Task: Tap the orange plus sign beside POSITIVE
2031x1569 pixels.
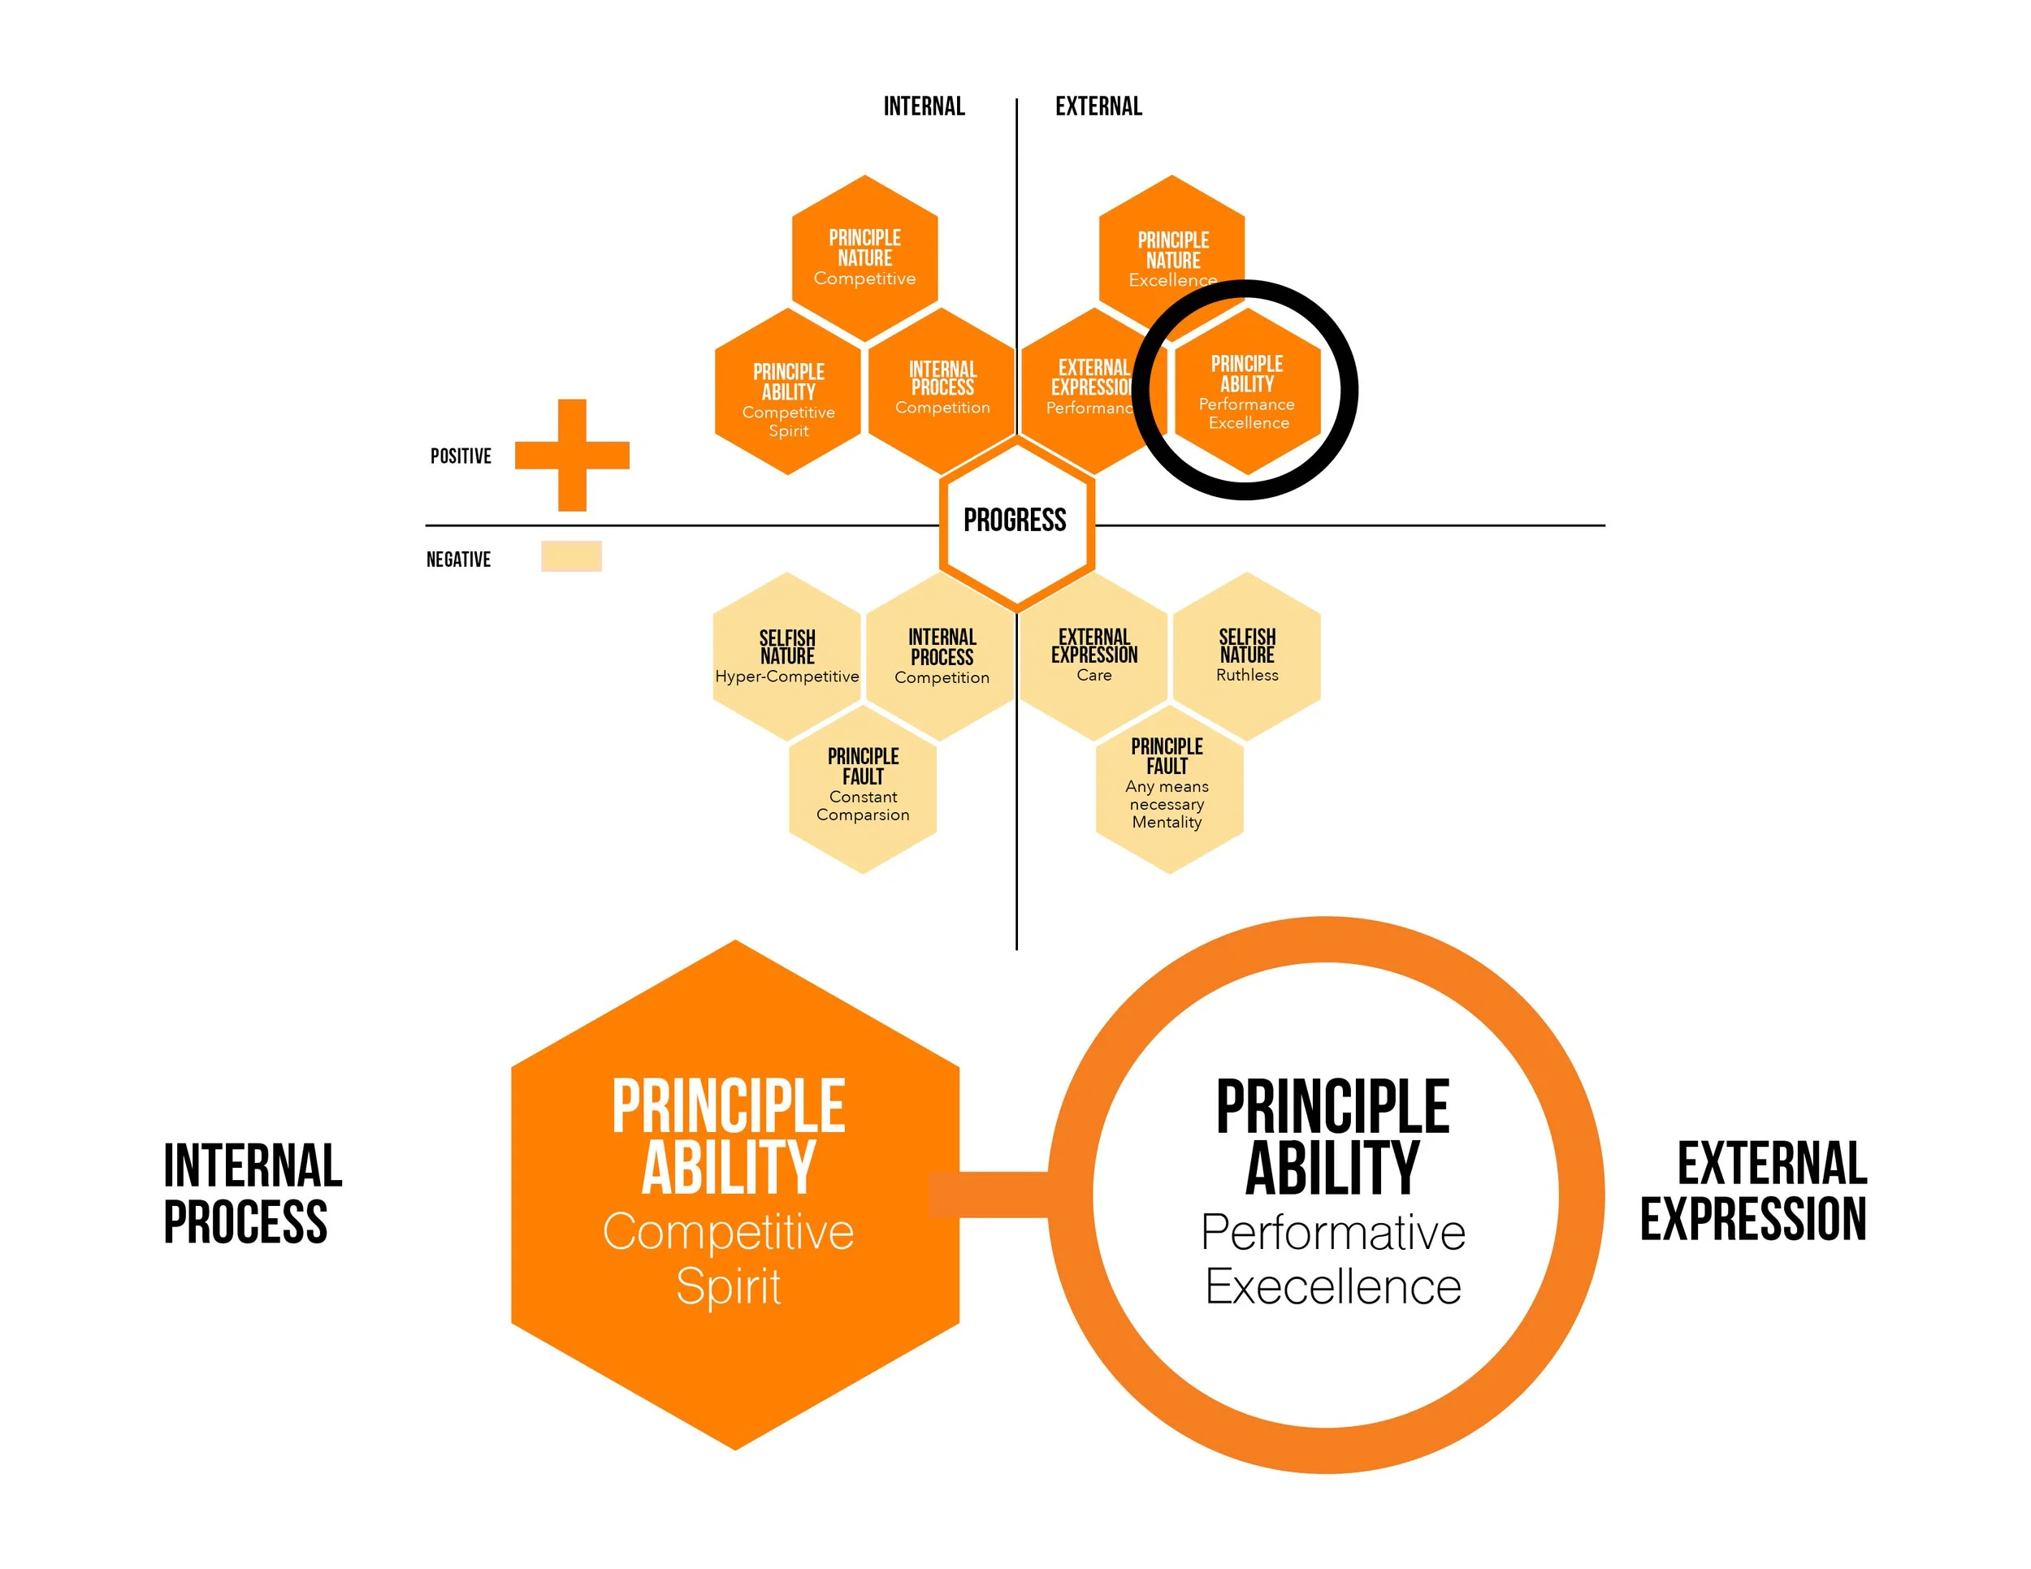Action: (x=572, y=455)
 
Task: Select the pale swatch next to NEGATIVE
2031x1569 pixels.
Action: (x=571, y=555)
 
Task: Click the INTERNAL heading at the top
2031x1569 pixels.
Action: (x=924, y=106)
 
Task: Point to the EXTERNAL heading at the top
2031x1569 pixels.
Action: (x=1098, y=106)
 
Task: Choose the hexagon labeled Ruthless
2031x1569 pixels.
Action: (x=1247, y=656)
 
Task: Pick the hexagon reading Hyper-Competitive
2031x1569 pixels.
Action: (x=786, y=656)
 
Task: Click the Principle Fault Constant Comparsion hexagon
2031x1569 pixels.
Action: (x=863, y=789)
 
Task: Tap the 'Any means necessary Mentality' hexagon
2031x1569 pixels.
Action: (x=1168, y=789)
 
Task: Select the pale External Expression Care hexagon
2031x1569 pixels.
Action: (x=1093, y=656)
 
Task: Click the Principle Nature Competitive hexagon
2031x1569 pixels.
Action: (x=865, y=257)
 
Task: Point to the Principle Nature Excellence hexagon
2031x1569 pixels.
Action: (x=1171, y=246)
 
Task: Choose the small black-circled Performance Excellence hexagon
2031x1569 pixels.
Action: (x=1247, y=391)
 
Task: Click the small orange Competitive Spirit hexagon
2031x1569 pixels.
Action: (x=788, y=391)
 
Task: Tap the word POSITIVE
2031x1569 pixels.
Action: (x=461, y=456)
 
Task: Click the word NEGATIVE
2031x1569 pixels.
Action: (x=457, y=559)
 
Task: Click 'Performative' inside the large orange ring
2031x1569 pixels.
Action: (x=1332, y=1232)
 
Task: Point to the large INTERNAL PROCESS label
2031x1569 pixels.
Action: (x=251, y=1194)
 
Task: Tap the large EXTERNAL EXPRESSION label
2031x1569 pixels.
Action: (x=1754, y=1191)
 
